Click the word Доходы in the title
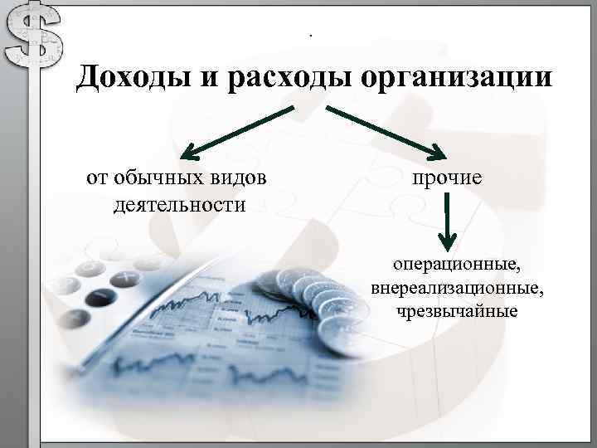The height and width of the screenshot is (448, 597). point(132,79)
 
